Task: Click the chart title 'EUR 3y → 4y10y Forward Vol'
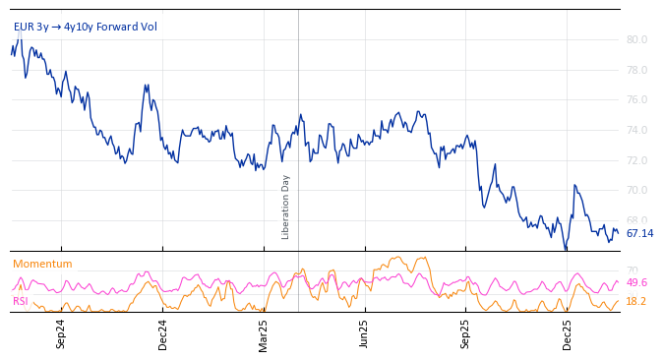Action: pyautogui.click(x=85, y=27)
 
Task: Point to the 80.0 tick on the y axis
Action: pyautogui.click(x=636, y=40)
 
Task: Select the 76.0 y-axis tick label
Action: pyautogui.click(x=636, y=100)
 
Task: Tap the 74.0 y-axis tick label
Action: pyautogui.click(x=636, y=131)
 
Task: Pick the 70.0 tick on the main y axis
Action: pyautogui.click(x=636, y=191)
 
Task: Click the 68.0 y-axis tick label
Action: pyautogui.click(x=636, y=221)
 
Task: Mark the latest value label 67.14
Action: pyautogui.click(x=639, y=234)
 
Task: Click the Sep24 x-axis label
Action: pyautogui.click(x=61, y=334)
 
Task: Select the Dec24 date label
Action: pyautogui.click(x=163, y=334)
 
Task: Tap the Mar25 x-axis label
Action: pyautogui.click(x=264, y=334)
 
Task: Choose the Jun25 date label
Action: pyautogui.click(x=365, y=334)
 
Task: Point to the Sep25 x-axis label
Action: pyautogui.click(x=466, y=334)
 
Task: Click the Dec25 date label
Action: pyautogui.click(x=568, y=334)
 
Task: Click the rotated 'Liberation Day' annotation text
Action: pyautogui.click(x=286, y=207)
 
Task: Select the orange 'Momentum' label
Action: pyautogui.click(x=42, y=265)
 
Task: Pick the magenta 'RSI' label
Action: pyautogui.click(x=20, y=302)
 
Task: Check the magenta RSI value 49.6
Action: pyautogui.click(x=636, y=283)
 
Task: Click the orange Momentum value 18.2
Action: pyautogui.click(x=636, y=302)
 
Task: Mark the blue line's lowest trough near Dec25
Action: pyautogui.click(x=565, y=249)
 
